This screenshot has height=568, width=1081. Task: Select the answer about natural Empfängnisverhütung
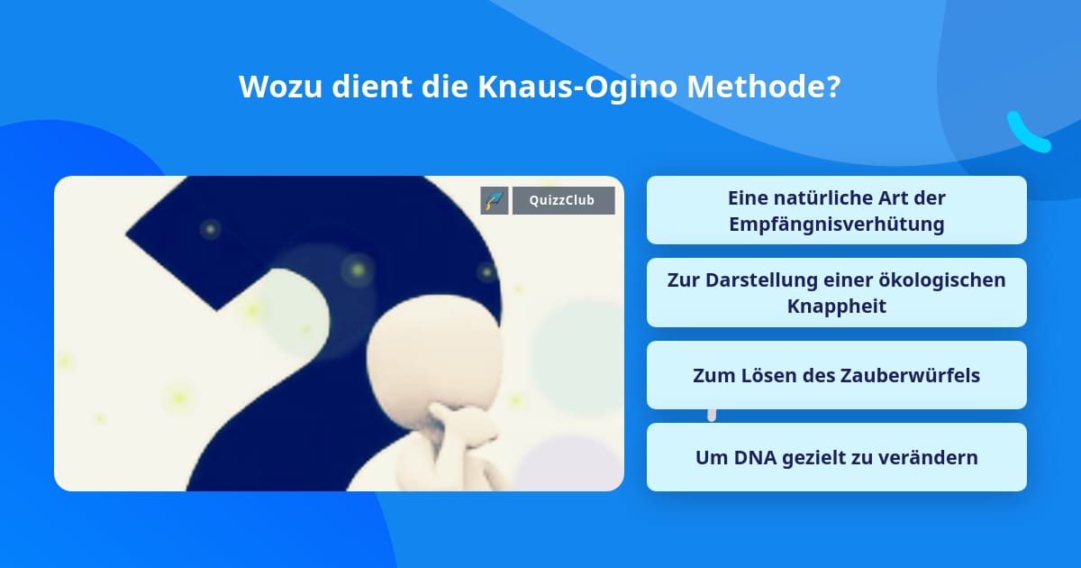(x=836, y=210)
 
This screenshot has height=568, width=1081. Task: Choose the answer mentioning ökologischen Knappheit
(x=836, y=293)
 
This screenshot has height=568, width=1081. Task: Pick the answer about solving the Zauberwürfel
(x=836, y=375)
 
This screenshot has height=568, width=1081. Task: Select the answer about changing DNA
(x=836, y=457)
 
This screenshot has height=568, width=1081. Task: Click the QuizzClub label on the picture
(x=563, y=200)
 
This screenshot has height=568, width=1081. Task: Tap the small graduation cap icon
(x=495, y=200)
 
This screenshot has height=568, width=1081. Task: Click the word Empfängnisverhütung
(x=836, y=224)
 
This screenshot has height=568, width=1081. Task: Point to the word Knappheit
(x=836, y=307)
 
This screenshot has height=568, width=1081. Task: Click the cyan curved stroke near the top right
(x=1027, y=133)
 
